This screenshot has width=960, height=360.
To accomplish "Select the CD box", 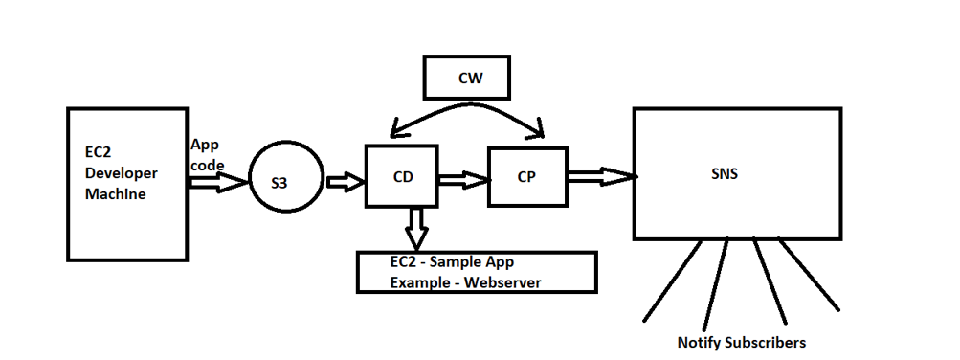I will [x=402, y=176].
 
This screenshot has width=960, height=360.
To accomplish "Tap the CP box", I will [x=525, y=177].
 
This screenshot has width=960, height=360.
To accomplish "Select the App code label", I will [x=206, y=154].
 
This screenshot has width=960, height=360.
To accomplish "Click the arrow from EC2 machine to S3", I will [x=217, y=182].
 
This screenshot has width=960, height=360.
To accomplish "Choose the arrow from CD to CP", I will [x=463, y=178].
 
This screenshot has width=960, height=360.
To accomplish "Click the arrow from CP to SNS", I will [x=600, y=175].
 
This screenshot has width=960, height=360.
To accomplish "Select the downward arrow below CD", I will [x=416, y=228].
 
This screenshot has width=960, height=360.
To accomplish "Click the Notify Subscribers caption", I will [x=741, y=342].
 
